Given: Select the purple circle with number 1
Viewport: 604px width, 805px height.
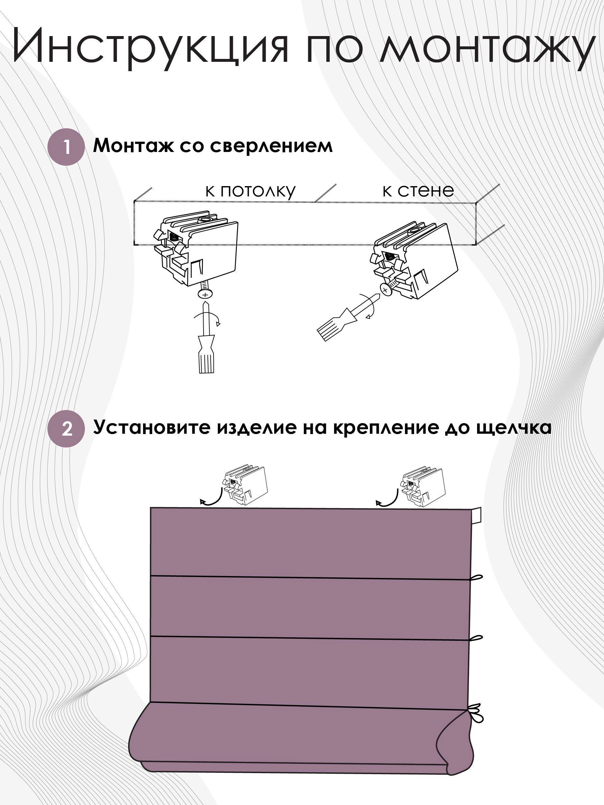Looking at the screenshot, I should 66,147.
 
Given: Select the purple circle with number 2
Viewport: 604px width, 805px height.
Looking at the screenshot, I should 66,428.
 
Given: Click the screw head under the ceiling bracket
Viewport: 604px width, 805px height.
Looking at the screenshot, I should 205,294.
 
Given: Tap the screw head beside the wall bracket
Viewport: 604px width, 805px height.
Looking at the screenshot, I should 386,290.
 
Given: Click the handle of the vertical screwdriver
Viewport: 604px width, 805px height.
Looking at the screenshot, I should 206,358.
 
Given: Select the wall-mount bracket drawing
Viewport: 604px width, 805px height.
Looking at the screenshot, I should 415,260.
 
